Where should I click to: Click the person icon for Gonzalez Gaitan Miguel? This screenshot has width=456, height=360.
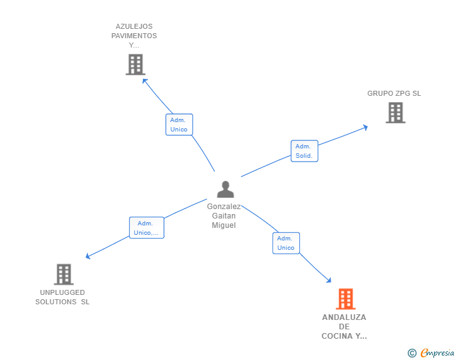[x=225, y=189]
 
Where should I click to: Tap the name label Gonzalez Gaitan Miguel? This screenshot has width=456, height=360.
[x=224, y=216]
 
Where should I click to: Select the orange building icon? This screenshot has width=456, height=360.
[x=346, y=299]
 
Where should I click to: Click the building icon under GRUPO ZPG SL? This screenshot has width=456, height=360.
[x=395, y=113]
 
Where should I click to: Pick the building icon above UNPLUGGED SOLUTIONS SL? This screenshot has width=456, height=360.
[x=64, y=274]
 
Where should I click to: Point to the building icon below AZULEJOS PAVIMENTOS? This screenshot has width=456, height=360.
[x=135, y=64]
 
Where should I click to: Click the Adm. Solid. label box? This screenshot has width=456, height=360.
[x=304, y=151]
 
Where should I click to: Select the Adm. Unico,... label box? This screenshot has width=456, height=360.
[x=147, y=228]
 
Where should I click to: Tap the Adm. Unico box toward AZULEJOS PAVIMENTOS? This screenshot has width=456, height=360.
[x=179, y=125]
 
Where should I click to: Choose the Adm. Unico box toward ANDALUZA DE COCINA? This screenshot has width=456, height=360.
[x=286, y=243]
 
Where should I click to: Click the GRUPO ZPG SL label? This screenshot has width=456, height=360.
[x=394, y=93]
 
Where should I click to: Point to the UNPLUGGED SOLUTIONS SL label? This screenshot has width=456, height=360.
[x=62, y=297]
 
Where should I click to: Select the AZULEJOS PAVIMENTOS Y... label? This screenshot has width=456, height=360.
[x=134, y=36]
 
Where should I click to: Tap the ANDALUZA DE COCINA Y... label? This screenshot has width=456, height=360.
[x=344, y=327]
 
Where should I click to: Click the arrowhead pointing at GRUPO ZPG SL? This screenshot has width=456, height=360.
[x=366, y=128]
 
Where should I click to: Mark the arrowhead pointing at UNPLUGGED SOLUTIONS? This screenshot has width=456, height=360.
[x=88, y=256]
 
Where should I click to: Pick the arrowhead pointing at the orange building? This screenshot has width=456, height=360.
[x=329, y=280]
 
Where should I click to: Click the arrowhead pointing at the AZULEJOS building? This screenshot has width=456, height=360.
[x=145, y=81]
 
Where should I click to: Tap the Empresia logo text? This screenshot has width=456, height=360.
[x=437, y=352]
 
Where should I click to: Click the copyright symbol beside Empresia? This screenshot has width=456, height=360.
[x=412, y=353]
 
